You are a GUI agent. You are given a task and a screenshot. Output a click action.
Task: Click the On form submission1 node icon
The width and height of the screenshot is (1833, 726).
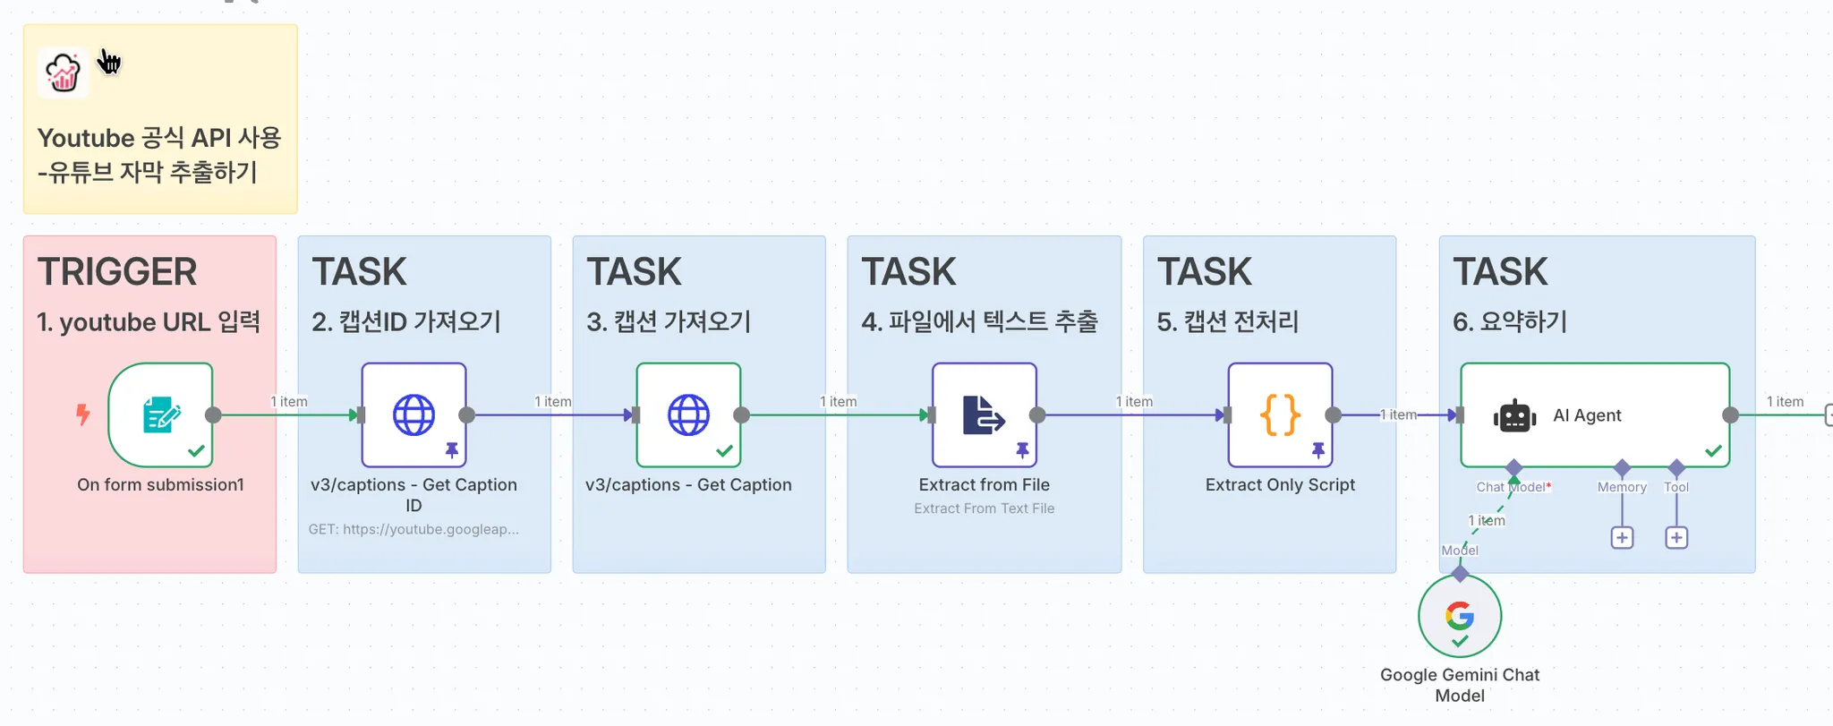161,414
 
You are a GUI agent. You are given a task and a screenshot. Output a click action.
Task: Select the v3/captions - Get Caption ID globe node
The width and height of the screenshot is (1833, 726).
413,414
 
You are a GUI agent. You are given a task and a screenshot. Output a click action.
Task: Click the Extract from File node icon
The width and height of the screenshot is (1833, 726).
984,414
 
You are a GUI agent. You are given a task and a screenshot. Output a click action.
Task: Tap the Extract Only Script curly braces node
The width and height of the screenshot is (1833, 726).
1280,414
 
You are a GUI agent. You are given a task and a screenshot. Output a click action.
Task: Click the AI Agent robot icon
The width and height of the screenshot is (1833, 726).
1514,416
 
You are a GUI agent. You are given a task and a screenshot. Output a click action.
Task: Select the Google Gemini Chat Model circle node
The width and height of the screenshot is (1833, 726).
1460,616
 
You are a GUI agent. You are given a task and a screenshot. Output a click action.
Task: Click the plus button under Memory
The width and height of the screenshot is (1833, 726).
1622,538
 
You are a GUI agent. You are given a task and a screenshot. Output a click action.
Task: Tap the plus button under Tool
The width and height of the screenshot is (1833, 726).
1676,538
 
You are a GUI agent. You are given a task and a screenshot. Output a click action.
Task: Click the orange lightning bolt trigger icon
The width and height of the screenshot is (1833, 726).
83,414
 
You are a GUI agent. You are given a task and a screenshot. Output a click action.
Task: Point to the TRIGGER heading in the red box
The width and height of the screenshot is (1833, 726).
117,272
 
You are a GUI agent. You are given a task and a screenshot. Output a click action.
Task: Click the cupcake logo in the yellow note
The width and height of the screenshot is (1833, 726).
64,73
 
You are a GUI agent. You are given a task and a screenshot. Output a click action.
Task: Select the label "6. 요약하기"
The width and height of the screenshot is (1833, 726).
1510,321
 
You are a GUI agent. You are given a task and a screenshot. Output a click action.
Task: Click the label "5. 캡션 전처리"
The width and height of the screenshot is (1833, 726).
1227,321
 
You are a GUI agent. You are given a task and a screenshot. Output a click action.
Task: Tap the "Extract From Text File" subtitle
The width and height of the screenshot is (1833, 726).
984,508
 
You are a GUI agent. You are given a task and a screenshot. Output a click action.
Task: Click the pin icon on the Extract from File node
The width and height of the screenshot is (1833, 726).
1022,450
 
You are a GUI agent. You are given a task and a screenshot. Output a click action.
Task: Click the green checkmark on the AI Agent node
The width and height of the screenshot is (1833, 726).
1713,451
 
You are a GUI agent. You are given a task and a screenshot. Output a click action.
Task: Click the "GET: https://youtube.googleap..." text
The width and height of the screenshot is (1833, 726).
413,529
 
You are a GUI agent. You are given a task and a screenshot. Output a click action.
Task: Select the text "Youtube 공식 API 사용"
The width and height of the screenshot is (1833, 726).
159,138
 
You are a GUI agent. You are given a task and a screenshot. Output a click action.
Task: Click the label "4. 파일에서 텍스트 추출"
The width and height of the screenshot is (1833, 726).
979,321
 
